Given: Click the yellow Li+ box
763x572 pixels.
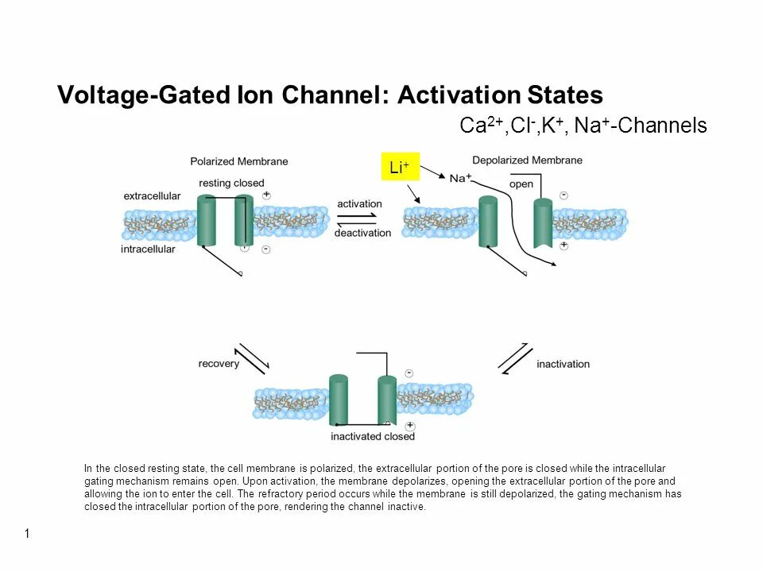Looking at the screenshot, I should [400, 167].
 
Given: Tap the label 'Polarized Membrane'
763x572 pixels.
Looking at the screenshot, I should [238, 161].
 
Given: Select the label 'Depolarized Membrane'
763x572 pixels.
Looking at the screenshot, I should [527, 160].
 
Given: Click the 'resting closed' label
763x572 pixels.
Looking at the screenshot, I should [231, 184].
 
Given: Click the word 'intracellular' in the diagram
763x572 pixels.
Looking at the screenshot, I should [148, 249].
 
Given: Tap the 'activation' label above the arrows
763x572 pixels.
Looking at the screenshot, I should [359, 204].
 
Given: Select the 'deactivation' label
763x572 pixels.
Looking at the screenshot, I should [362, 233].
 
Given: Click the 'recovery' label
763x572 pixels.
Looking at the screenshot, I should [219, 364].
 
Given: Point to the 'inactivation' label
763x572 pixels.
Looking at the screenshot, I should [563, 364].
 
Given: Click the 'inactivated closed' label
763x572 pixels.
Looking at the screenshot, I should [373, 436].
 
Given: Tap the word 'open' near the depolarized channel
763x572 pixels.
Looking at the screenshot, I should [521, 184].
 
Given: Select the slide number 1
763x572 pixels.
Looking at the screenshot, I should [27, 534].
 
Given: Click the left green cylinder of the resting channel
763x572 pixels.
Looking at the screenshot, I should [207, 222].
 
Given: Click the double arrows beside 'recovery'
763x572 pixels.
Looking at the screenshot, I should [253, 359].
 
